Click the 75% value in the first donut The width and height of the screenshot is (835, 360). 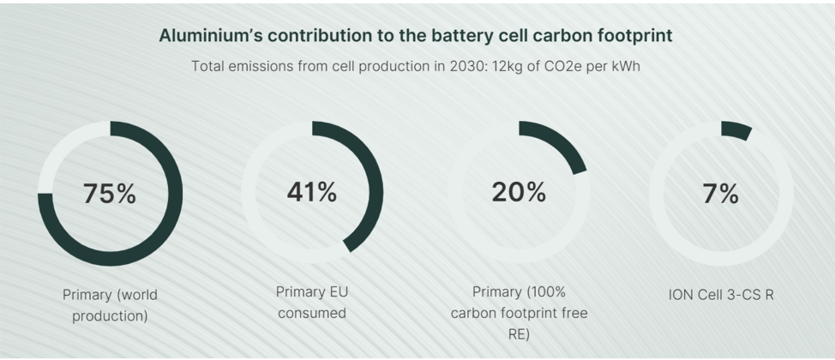[x=110, y=194]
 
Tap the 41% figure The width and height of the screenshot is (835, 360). [x=311, y=193]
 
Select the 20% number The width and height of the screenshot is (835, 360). [x=519, y=193]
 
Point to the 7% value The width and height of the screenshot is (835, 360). [x=721, y=194]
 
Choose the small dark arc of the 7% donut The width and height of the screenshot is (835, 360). [x=736, y=129]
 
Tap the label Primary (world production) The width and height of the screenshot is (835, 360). [x=110, y=304]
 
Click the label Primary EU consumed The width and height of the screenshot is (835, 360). [x=312, y=302]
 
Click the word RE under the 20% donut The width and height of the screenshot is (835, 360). [x=519, y=334]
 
